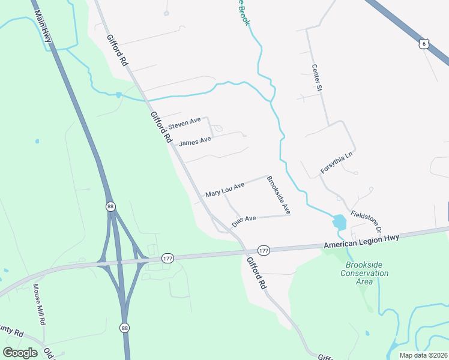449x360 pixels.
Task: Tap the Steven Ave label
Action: [x=184, y=124]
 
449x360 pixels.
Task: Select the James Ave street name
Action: [x=195, y=142]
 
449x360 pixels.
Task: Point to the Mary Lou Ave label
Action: [x=224, y=191]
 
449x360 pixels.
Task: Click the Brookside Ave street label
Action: [x=279, y=196]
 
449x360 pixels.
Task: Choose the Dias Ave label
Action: [x=244, y=220]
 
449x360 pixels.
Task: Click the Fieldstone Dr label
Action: [x=366, y=221]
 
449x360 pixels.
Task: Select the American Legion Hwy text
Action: [x=361, y=242]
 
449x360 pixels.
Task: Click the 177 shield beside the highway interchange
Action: [x=167, y=258]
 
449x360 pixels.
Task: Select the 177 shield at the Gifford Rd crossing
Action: [x=263, y=250]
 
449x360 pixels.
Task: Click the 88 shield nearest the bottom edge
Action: [x=124, y=328]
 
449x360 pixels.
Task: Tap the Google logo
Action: [x=20, y=352]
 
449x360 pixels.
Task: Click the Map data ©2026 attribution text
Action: [x=423, y=355]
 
